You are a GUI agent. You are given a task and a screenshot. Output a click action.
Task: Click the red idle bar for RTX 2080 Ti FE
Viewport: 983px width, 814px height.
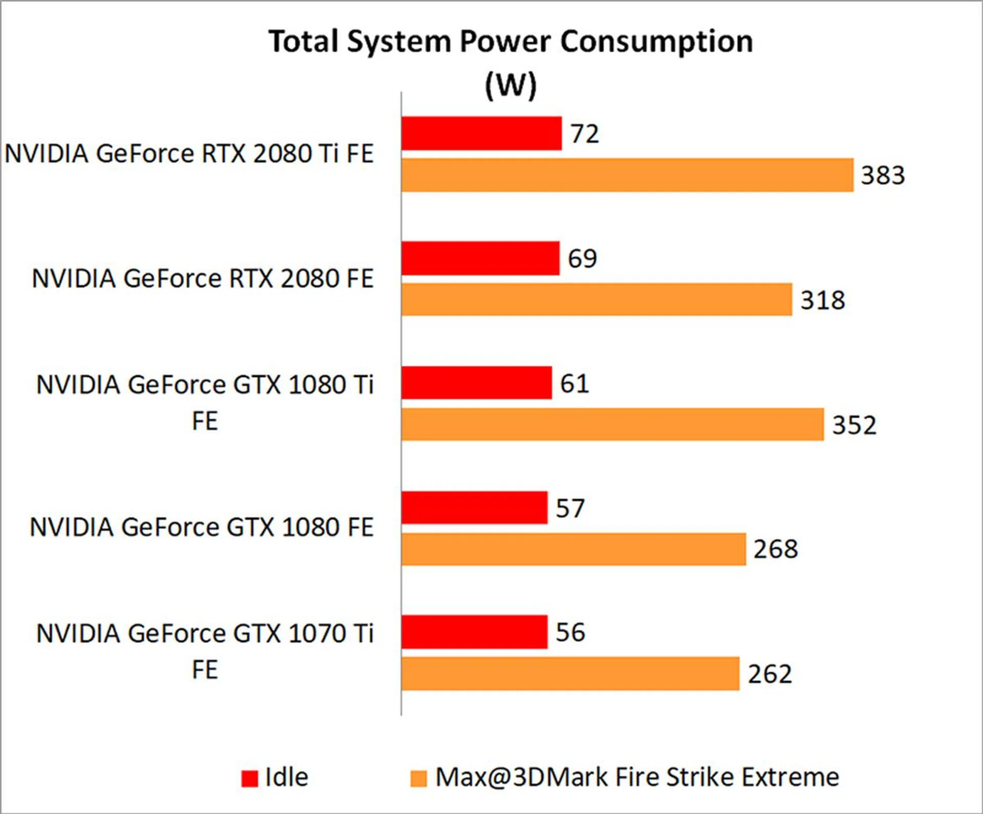click(x=481, y=134)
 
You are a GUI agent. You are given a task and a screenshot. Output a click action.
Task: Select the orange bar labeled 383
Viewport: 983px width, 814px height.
click(x=627, y=175)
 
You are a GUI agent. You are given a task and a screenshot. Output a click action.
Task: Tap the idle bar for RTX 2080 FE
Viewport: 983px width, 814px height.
click(x=480, y=259)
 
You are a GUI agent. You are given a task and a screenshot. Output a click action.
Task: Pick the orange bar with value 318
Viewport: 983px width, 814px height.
click(x=596, y=299)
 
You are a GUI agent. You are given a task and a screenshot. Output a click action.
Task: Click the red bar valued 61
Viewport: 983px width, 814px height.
click(x=477, y=383)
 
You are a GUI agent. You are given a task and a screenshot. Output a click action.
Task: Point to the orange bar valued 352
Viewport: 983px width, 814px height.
click(x=612, y=424)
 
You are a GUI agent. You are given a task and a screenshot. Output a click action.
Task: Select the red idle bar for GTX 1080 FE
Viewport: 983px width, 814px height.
click(x=474, y=508)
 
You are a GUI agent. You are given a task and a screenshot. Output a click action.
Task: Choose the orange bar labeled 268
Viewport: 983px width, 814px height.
click(x=573, y=549)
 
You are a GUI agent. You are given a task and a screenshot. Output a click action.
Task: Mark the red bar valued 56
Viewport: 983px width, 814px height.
click(x=474, y=632)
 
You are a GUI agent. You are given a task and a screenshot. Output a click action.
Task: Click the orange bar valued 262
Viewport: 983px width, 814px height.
click(x=570, y=674)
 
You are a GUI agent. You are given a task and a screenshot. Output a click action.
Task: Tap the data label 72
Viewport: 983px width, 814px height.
click(x=585, y=134)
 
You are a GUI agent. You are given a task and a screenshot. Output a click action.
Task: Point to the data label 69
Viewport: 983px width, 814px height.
click(x=582, y=259)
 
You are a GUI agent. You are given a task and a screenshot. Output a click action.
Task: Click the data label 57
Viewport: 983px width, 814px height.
click(x=570, y=508)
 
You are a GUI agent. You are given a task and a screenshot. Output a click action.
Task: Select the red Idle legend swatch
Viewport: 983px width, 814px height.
click(x=250, y=779)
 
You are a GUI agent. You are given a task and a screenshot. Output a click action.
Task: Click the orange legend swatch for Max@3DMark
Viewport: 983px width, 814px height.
click(x=418, y=779)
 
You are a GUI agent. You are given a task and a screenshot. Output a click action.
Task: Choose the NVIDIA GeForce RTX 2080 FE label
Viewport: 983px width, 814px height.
click(x=203, y=279)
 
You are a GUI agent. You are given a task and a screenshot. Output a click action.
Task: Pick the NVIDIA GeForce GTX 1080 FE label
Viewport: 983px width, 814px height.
click(x=202, y=527)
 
